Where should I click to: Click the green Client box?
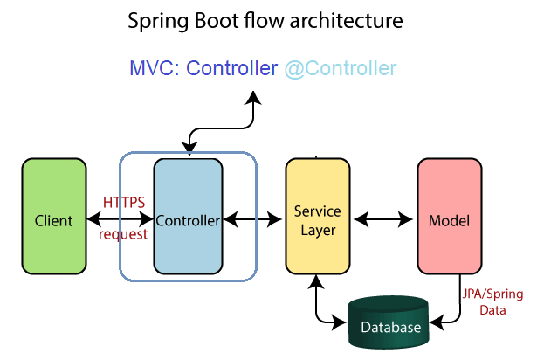(54, 217)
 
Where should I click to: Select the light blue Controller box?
(189, 217)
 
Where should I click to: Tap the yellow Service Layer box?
(318, 217)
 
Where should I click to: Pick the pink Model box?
(450, 217)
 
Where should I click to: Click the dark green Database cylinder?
(389, 322)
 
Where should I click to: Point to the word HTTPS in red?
(124, 203)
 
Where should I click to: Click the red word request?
(123, 235)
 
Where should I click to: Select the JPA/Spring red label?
(492, 294)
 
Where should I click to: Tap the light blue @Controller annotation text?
(341, 68)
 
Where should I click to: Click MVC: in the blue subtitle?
(155, 68)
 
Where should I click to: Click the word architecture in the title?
(347, 21)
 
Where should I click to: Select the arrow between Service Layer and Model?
(383, 219)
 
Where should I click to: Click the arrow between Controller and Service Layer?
(252, 219)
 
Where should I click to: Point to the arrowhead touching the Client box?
(93, 219)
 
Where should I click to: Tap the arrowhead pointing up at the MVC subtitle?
(253, 98)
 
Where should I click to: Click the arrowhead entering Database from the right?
(437, 322)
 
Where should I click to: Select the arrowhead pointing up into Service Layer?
(316, 281)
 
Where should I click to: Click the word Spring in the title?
(158, 22)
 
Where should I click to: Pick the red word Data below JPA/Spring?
(492, 310)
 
